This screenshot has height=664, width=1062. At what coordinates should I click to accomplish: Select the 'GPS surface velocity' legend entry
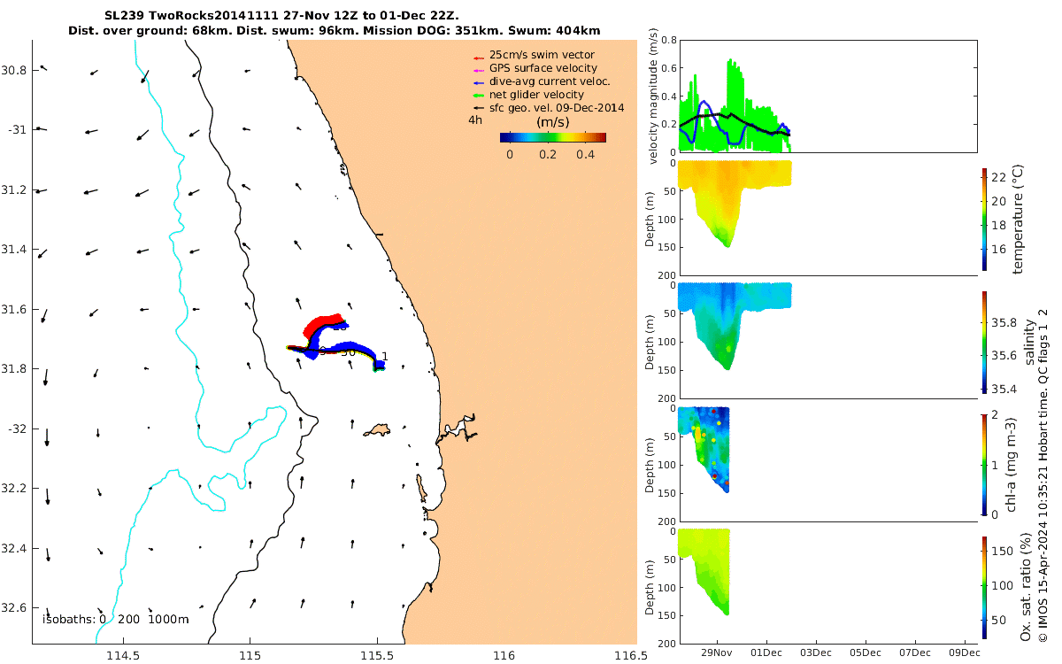(543, 68)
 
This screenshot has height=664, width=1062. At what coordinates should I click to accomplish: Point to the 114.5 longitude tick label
(123, 656)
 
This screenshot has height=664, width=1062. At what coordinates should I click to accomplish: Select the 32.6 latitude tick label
(16, 608)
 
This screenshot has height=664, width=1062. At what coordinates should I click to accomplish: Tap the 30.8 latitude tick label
(16, 70)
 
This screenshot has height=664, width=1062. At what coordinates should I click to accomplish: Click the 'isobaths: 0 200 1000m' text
(115, 619)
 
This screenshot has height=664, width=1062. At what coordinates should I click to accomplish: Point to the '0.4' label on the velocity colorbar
(584, 154)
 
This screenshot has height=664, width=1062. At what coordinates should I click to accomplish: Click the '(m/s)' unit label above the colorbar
(553, 121)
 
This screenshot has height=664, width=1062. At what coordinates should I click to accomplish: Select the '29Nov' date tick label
(716, 653)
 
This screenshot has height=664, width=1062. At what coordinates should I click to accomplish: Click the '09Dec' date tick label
(964, 653)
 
